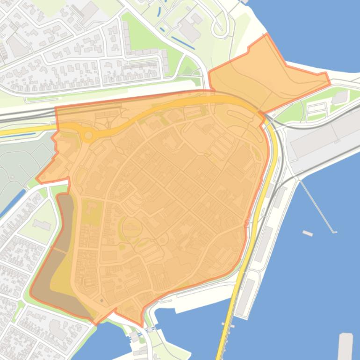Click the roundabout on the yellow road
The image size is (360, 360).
88,135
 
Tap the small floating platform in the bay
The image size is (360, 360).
307,233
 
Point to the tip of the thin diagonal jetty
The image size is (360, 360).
334,231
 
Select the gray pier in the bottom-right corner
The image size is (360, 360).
345,346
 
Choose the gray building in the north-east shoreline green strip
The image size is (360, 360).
341,97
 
